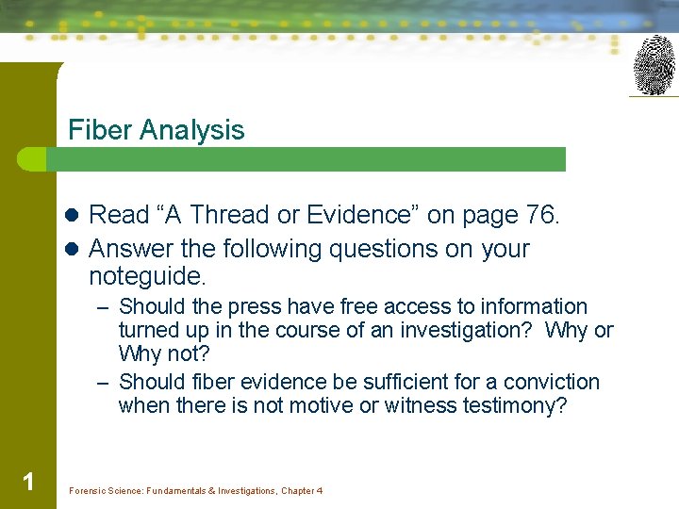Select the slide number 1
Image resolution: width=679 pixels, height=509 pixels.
(28, 483)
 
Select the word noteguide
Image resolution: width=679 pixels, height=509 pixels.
(146, 277)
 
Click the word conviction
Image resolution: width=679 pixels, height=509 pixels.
(551, 383)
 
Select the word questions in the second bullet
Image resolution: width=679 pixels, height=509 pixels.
(368, 250)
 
